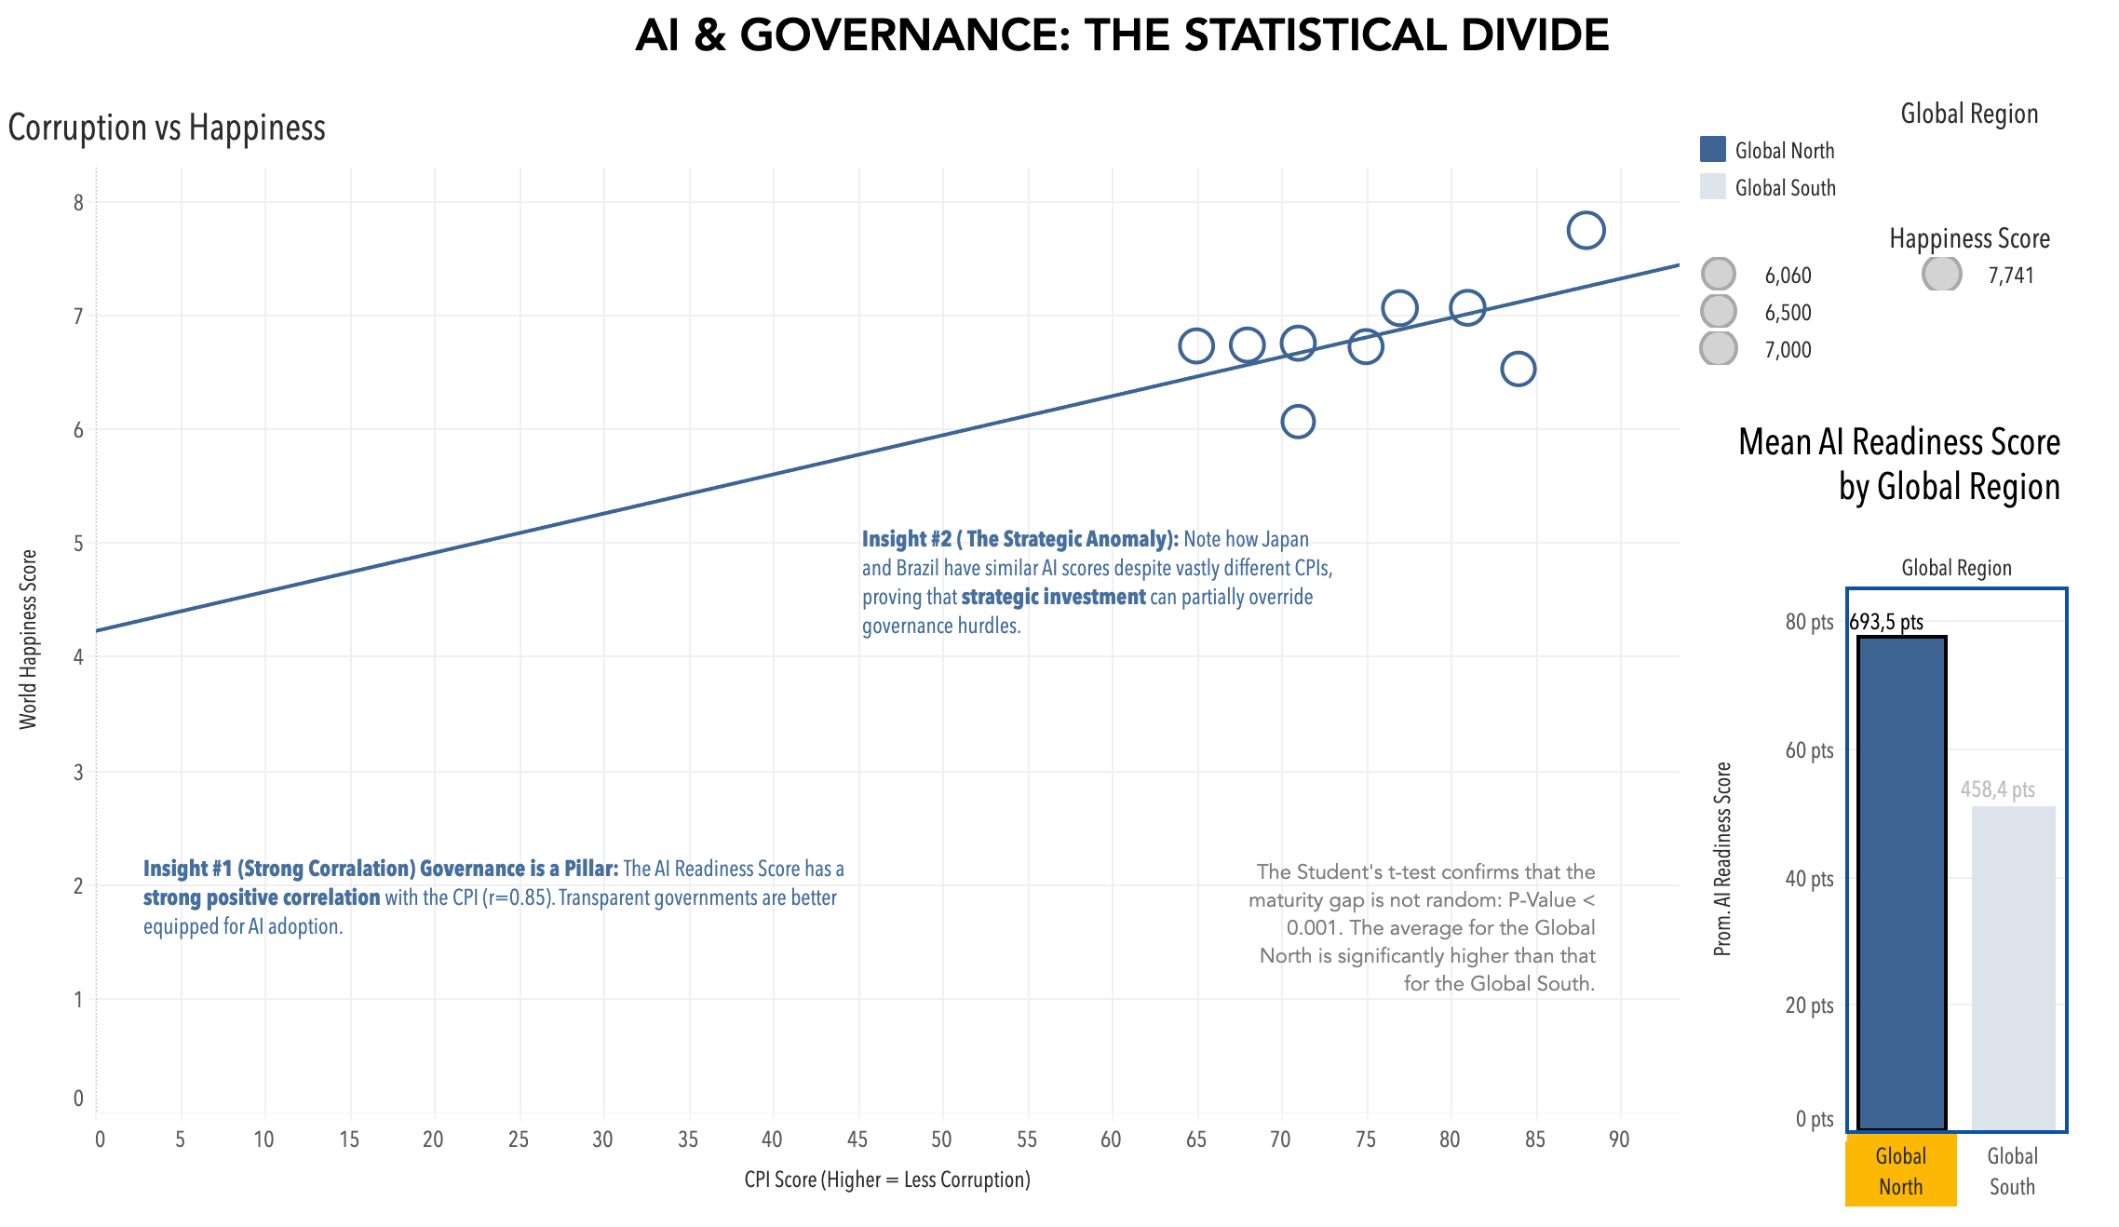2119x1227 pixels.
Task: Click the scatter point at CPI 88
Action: pyautogui.click(x=1586, y=230)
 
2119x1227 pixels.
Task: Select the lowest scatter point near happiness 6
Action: pyautogui.click(x=1298, y=422)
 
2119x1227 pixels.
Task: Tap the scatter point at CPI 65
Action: pyautogui.click(x=1196, y=346)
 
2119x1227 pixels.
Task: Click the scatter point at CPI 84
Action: pyautogui.click(x=1518, y=369)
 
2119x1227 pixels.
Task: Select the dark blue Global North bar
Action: pyautogui.click(x=1902, y=884)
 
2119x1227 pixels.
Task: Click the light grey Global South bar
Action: pyautogui.click(x=2013, y=968)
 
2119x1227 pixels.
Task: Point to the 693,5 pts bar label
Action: pyautogui.click(x=1886, y=622)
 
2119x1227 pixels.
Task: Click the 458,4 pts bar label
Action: pyautogui.click(x=1998, y=789)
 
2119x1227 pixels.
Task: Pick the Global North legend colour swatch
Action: pyautogui.click(x=1713, y=150)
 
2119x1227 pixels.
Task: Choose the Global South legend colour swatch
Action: pyautogui.click(x=1713, y=187)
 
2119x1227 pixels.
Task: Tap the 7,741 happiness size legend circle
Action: pyautogui.click(x=1942, y=275)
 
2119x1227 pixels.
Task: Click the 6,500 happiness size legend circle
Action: pyautogui.click(x=1719, y=312)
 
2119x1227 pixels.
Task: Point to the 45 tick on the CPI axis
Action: pyautogui.click(x=857, y=1139)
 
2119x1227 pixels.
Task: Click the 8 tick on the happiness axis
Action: pyautogui.click(x=79, y=203)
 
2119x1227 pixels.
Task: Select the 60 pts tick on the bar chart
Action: pyautogui.click(x=1809, y=750)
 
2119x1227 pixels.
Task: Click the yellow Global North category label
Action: pyautogui.click(x=1901, y=1170)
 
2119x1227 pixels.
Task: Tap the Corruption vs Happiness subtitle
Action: pyautogui.click(x=167, y=128)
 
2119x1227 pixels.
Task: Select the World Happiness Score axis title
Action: pyautogui.click(x=29, y=639)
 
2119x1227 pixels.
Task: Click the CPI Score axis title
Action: pyautogui.click(x=887, y=1180)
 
